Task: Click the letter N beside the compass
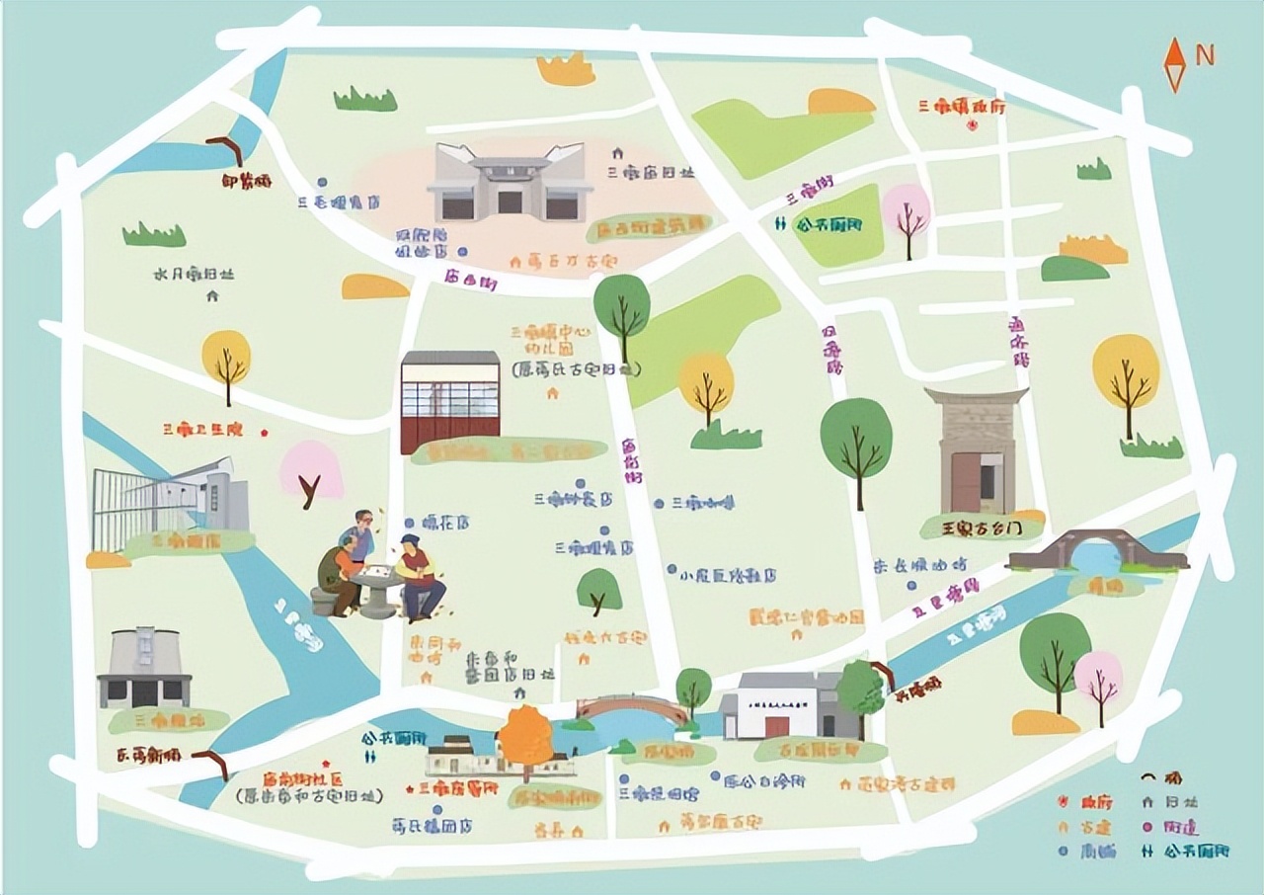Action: tap(1205, 56)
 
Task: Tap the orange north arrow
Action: tap(1174, 64)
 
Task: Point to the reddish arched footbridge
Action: tap(632, 708)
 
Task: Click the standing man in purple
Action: tap(360, 538)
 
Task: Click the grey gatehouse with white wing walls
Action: tap(510, 183)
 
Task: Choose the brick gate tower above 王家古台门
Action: tap(977, 449)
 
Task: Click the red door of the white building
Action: tap(777, 726)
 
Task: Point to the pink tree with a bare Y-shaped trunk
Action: tap(312, 475)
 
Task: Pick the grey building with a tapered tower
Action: tap(145, 667)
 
